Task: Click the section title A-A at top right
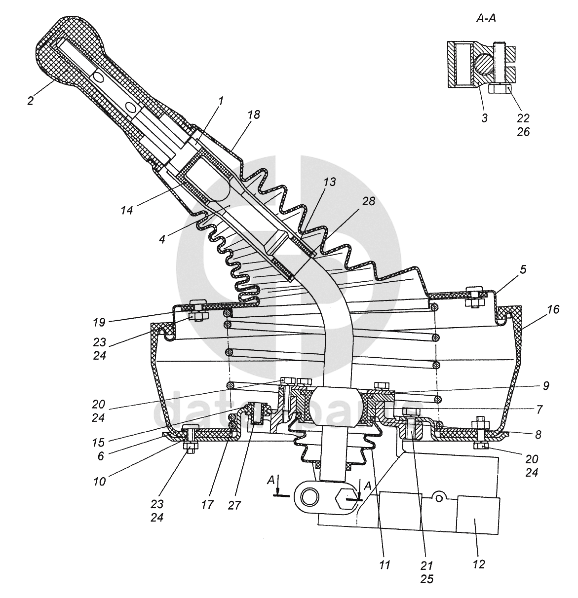click(486, 19)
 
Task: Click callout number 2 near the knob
click(30, 100)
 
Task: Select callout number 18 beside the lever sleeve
click(254, 114)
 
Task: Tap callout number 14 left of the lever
click(127, 210)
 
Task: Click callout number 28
click(369, 201)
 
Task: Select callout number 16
click(553, 309)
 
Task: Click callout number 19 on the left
click(100, 322)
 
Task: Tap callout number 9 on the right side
click(546, 386)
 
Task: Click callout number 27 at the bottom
click(234, 505)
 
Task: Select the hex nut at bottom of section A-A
click(500, 89)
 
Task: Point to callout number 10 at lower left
click(100, 482)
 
